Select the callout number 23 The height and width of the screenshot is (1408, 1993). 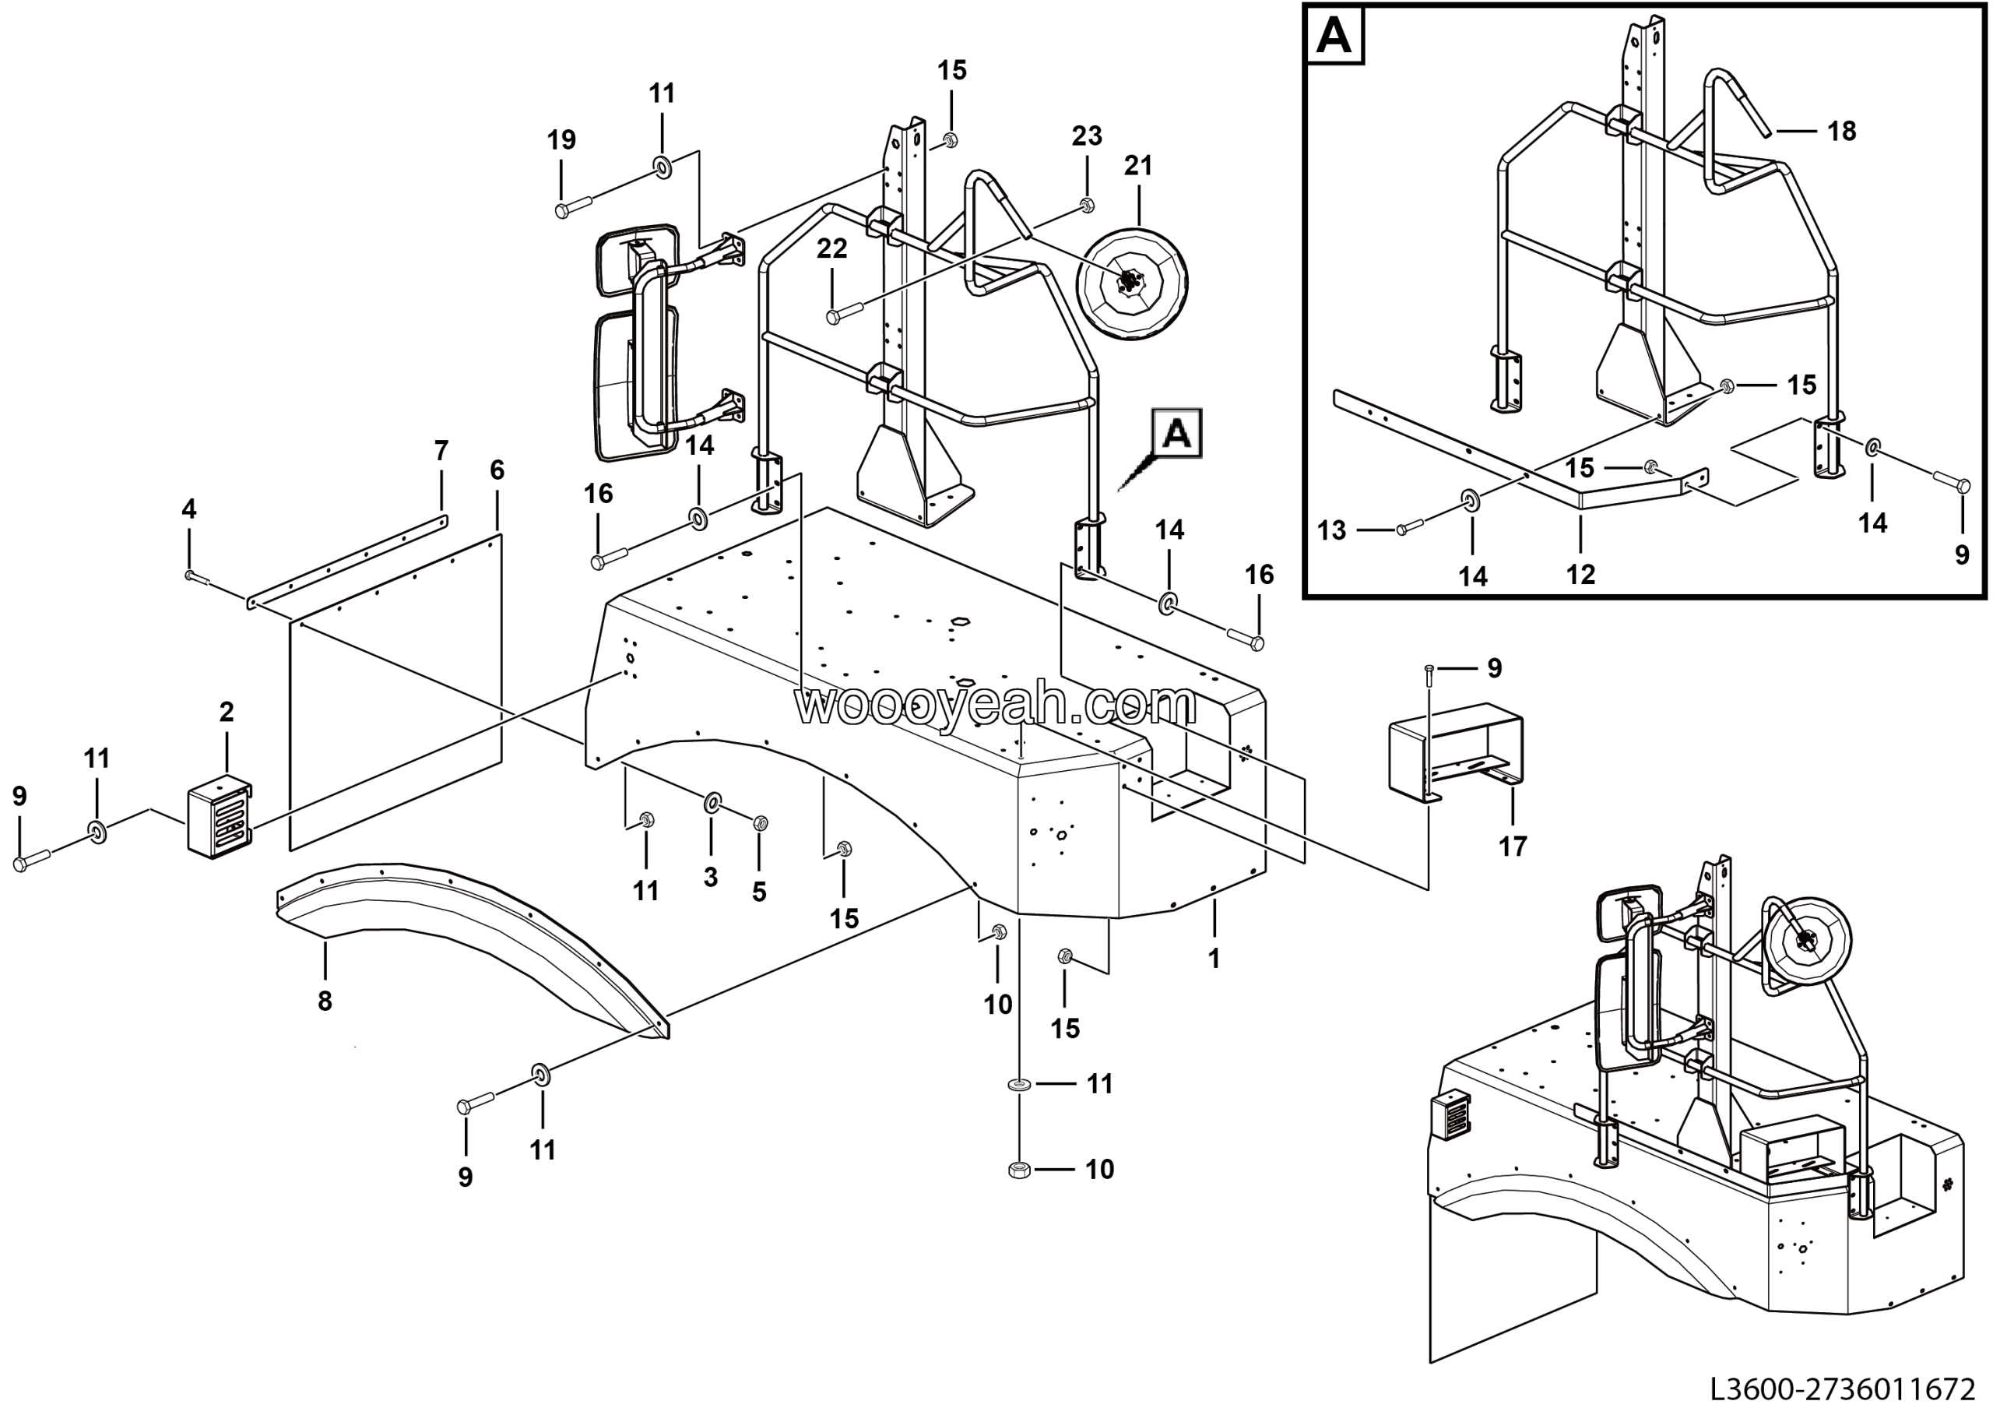point(1087,136)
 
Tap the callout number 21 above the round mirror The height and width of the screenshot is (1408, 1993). point(1138,166)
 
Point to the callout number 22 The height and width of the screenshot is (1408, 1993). point(831,249)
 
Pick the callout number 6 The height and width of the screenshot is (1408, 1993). point(497,470)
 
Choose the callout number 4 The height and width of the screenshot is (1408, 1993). point(188,509)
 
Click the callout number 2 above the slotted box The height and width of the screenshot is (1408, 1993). point(227,712)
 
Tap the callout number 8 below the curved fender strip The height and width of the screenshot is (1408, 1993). point(325,1001)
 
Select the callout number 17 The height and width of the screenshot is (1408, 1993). point(1512,847)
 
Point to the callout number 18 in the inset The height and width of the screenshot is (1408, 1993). point(1841,131)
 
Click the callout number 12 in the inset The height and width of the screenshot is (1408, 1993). point(1580,575)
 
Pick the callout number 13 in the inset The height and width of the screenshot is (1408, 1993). point(1331,530)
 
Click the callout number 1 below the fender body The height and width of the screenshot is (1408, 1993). point(1214,959)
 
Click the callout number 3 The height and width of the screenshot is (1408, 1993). point(710,877)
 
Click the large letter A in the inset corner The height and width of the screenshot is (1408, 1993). point(1334,37)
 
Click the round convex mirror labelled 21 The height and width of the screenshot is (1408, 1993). point(1132,285)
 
